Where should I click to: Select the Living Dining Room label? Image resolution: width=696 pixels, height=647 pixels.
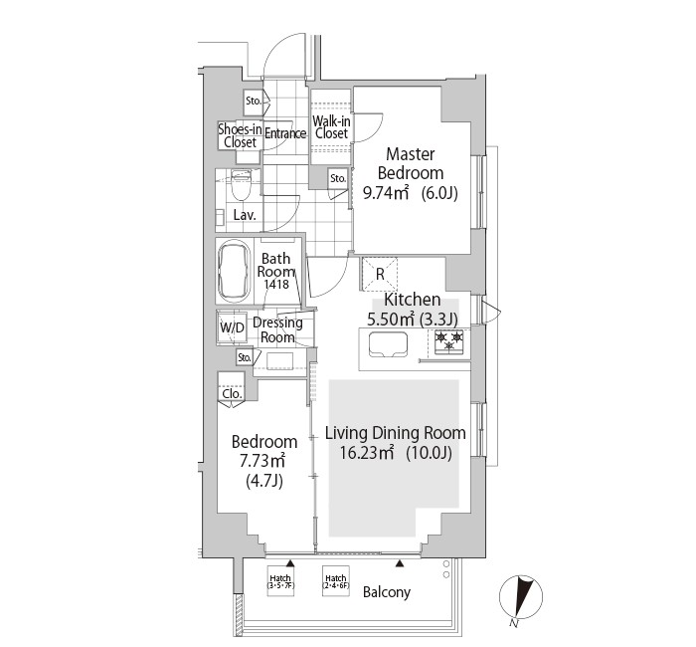[x=395, y=433]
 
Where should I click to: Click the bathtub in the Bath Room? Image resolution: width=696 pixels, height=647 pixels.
[x=235, y=272]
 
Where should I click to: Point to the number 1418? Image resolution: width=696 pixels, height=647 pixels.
[x=276, y=285]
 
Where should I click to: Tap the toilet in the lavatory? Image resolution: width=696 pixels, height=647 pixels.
[x=240, y=187]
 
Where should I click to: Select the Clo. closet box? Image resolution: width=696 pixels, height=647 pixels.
[x=231, y=393]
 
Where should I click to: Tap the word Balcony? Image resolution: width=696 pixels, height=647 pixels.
[x=386, y=592]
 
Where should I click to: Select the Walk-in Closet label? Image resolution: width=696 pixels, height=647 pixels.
[x=331, y=126]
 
